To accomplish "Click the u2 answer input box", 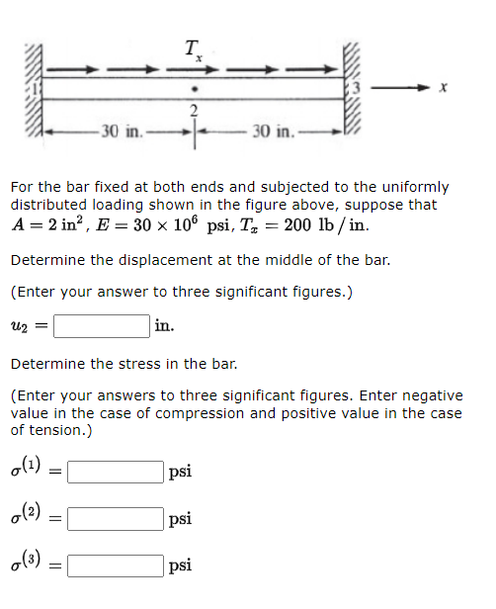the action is pyautogui.click(x=102, y=326).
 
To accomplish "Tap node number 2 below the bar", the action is pyautogui.click(x=195, y=109).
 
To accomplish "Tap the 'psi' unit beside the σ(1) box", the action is pyautogui.click(x=180, y=473).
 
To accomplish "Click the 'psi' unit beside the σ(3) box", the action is pyautogui.click(x=180, y=566).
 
